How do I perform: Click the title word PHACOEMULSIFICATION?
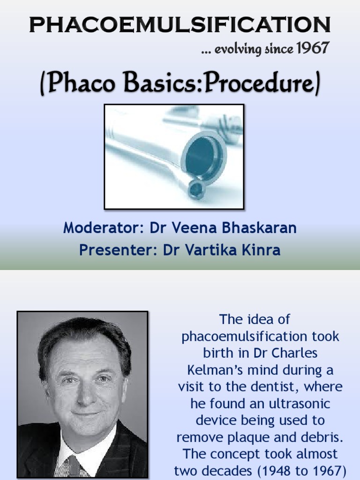point(180,24)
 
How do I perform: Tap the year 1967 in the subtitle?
point(313,48)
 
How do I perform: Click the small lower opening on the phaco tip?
point(195,189)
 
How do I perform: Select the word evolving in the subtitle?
point(238,49)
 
